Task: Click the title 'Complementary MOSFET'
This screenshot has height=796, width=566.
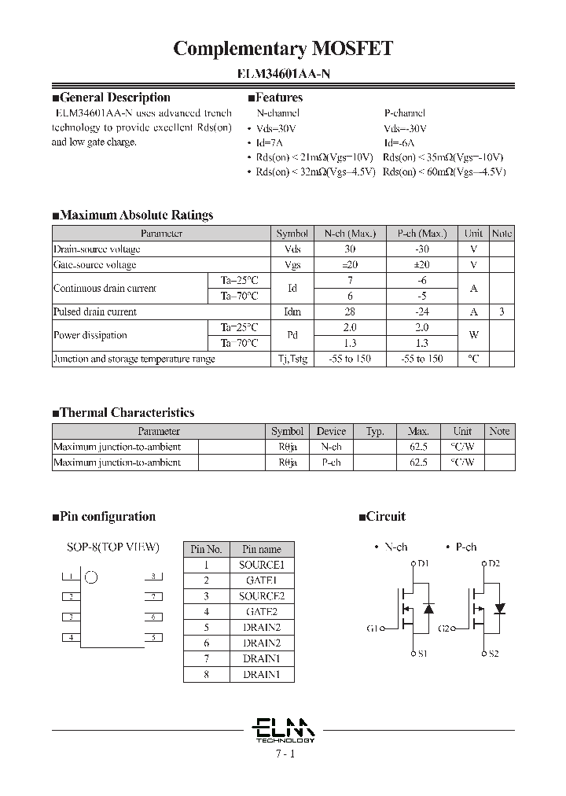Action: [x=283, y=49]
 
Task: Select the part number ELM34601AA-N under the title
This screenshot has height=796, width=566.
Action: [x=283, y=76]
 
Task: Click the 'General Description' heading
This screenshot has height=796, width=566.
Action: [x=115, y=98]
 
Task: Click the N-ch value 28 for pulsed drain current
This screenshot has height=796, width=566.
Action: [x=350, y=311]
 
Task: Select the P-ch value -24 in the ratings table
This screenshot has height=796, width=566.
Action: [x=421, y=311]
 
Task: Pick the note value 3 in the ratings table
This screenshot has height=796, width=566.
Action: [x=502, y=311]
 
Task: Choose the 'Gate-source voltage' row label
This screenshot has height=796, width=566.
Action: [x=95, y=265]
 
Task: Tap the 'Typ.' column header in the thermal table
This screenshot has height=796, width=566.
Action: [x=375, y=431]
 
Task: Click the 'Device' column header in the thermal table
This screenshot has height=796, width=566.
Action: [x=331, y=431]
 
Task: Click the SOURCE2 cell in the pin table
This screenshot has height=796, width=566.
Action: [x=261, y=596]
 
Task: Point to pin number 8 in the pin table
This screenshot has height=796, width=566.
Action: [x=207, y=674]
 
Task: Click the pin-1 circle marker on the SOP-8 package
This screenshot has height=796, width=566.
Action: [x=91, y=577]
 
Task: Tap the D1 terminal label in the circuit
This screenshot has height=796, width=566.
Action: [x=423, y=563]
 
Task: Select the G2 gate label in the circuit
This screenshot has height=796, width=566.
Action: [x=445, y=628]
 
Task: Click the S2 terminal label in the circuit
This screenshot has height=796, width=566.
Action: [x=494, y=654]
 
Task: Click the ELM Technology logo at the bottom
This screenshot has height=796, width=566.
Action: [x=284, y=729]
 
